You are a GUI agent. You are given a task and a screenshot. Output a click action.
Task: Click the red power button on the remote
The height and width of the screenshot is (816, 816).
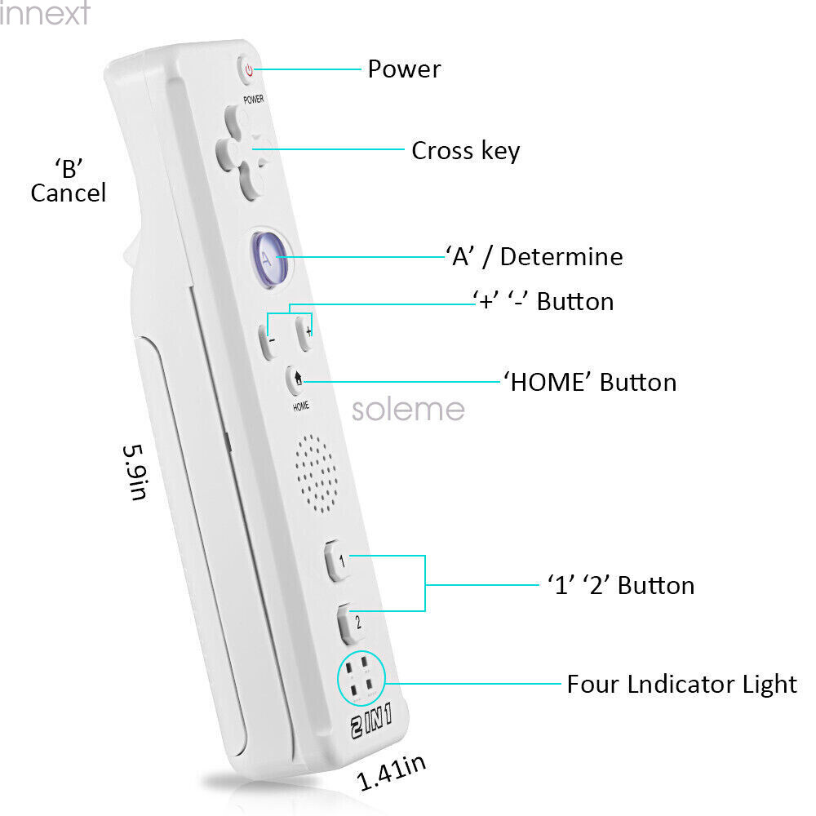pos(247,69)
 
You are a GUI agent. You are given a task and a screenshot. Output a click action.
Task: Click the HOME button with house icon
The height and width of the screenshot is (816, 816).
pos(295,379)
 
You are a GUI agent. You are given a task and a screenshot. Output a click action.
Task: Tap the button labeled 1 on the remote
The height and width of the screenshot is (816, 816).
pos(337,561)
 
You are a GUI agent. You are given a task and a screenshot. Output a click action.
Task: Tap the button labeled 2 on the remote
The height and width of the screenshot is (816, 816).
pos(351,623)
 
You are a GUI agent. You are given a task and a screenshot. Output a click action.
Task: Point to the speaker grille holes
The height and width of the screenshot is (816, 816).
pos(316,473)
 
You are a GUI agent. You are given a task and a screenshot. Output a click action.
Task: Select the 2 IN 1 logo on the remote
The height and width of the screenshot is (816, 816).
pos(371,721)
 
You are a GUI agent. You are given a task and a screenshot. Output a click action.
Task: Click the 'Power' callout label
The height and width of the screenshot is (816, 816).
pos(405,69)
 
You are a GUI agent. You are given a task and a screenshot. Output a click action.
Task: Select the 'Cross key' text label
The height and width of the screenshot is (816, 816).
pos(466,151)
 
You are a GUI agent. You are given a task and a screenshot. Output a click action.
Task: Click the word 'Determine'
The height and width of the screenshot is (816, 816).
pos(561,256)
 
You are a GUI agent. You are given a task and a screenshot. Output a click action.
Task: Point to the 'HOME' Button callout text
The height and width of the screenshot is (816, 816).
pos(590,383)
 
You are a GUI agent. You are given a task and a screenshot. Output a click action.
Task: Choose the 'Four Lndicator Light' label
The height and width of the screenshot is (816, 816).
pos(681,684)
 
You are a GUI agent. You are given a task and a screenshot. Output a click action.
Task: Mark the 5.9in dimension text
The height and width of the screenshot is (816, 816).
pos(135,472)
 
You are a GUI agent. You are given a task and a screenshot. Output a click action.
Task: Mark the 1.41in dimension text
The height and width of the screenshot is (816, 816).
pos(392,772)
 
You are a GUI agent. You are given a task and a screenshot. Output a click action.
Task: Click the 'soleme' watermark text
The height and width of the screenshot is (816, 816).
pos(408,410)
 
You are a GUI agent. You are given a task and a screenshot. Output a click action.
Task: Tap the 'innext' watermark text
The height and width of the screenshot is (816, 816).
pos(45,12)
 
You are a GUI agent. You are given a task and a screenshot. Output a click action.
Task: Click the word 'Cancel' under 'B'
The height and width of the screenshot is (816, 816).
pos(69,193)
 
